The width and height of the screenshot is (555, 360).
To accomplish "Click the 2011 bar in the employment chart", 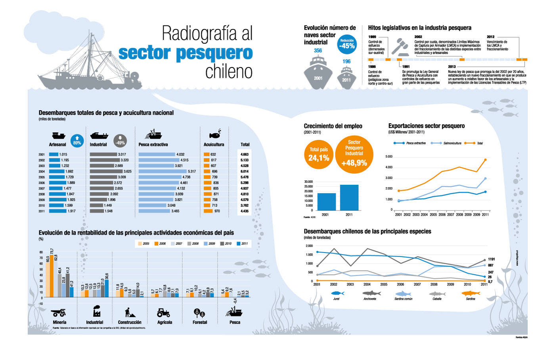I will click(x=349, y=197).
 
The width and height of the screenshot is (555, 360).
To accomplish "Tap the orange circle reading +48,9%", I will click(x=354, y=155).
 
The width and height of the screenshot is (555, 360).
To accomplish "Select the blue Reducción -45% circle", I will click(x=347, y=44).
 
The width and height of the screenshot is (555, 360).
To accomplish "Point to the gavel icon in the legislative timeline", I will click(x=400, y=46).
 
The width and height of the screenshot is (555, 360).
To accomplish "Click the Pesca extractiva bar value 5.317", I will click(x=192, y=172).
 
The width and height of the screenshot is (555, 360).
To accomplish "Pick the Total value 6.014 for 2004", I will click(x=245, y=172).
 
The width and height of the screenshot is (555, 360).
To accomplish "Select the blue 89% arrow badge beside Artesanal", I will click(x=77, y=141).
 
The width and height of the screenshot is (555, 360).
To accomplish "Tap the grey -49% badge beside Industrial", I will click(x=120, y=141).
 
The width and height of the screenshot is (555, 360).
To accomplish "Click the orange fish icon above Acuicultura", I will click(x=214, y=134).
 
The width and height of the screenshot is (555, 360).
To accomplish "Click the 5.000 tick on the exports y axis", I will click(x=388, y=157).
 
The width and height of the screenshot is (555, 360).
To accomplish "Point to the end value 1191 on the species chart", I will click(x=491, y=259).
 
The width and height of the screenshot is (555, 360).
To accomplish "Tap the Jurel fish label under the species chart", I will click(x=336, y=299).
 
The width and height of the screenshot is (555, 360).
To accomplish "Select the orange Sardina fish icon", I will click(x=471, y=293).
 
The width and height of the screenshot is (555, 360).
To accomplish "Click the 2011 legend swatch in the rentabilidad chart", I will click(x=239, y=244).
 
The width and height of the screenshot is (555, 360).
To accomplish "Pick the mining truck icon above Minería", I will click(x=59, y=312).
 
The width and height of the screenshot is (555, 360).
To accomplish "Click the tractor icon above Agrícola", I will click(x=163, y=312).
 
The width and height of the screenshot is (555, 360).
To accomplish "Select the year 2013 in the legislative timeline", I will click(x=452, y=67).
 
